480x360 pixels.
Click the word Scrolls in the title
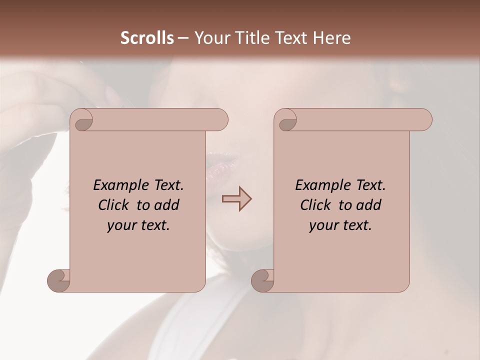click(147, 38)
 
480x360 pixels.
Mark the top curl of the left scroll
click(81, 120)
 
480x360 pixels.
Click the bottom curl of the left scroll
click(59, 280)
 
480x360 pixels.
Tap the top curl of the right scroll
click(285, 120)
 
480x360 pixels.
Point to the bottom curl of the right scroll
click(263, 280)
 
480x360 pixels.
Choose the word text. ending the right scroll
click(356, 225)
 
